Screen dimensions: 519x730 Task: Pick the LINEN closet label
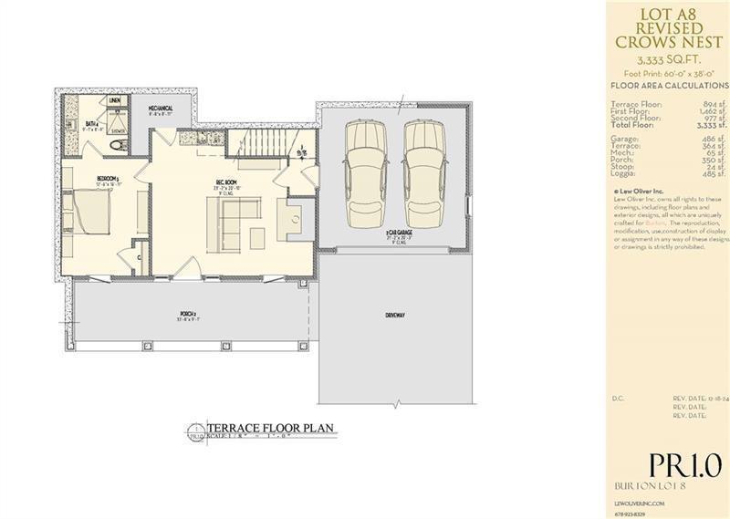(115, 101)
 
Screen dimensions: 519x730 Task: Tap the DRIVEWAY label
(394, 316)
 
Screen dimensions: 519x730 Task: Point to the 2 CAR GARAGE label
(398, 234)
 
